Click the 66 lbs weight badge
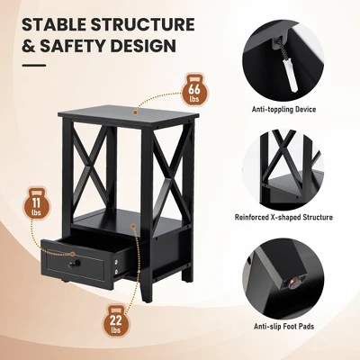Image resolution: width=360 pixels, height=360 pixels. pos(194,90)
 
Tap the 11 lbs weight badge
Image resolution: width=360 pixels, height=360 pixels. pos(36,203)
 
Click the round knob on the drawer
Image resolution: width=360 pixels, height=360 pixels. pos(74,264)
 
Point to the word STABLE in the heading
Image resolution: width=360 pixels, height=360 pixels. pos(54,24)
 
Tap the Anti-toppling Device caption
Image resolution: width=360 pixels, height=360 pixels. pos(283,109)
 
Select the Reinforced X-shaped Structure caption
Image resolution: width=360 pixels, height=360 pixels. pos(283,217)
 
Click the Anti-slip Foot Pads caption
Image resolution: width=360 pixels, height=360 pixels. pos(283,326)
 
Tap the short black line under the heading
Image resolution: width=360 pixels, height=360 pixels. pos(33,65)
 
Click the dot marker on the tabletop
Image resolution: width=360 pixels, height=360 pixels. pos(136,112)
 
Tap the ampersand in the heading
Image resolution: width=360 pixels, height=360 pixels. pos(29,46)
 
